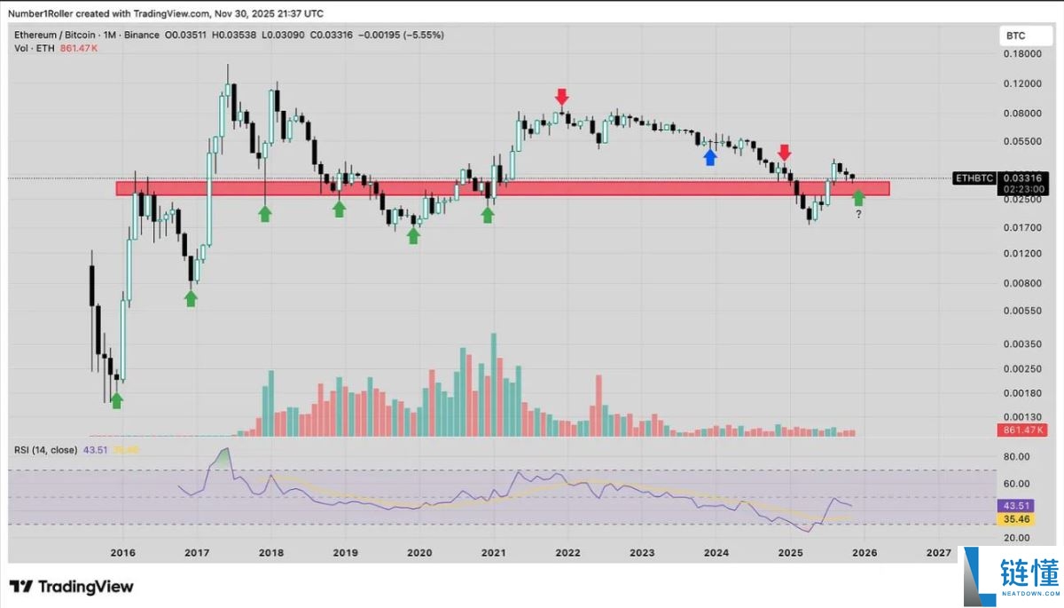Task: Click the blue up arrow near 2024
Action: (x=709, y=157)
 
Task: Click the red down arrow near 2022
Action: (x=561, y=96)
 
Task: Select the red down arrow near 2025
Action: (x=785, y=153)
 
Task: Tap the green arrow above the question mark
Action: (x=858, y=197)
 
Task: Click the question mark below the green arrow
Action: (x=858, y=215)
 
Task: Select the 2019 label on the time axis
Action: (x=346, y=552)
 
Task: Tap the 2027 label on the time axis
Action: (x=939, y=552)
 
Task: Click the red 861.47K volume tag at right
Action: (x=1022, y=430)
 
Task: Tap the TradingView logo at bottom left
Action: (x=72, y=587)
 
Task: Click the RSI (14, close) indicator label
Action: (x=45, y=450)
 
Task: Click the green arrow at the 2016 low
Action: (x=116, y=400)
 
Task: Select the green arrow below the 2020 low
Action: (x=413, y=235)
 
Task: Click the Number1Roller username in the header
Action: (x=41, y=12)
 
